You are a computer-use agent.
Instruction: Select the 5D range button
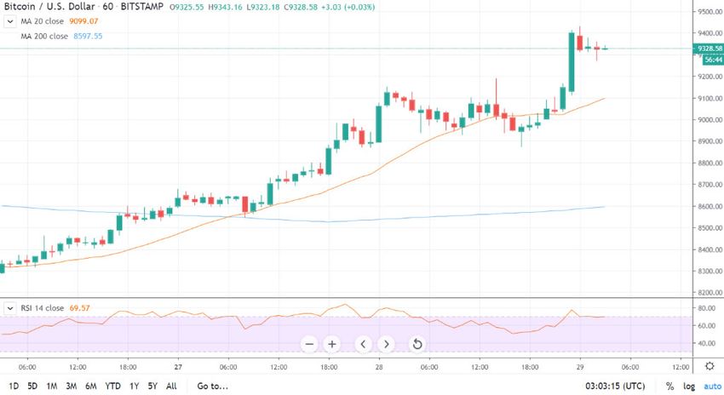click(x=32, y=386)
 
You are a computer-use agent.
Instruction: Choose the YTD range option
click(x=112, y=386)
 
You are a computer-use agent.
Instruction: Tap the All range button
click(x=171, y=386)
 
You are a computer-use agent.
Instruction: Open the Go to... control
click(x=213, y=386)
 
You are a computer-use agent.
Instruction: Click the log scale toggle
click(x=689, y=386)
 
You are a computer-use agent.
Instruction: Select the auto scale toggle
click(x=711, y=386)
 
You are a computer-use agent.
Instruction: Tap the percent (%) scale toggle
click(x=670, y=386)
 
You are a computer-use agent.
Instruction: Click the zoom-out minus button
click(x=309, y=344)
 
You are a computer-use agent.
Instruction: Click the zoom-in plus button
click(x=332, y=344)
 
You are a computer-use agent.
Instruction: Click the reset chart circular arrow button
click(x=417, y=344)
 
